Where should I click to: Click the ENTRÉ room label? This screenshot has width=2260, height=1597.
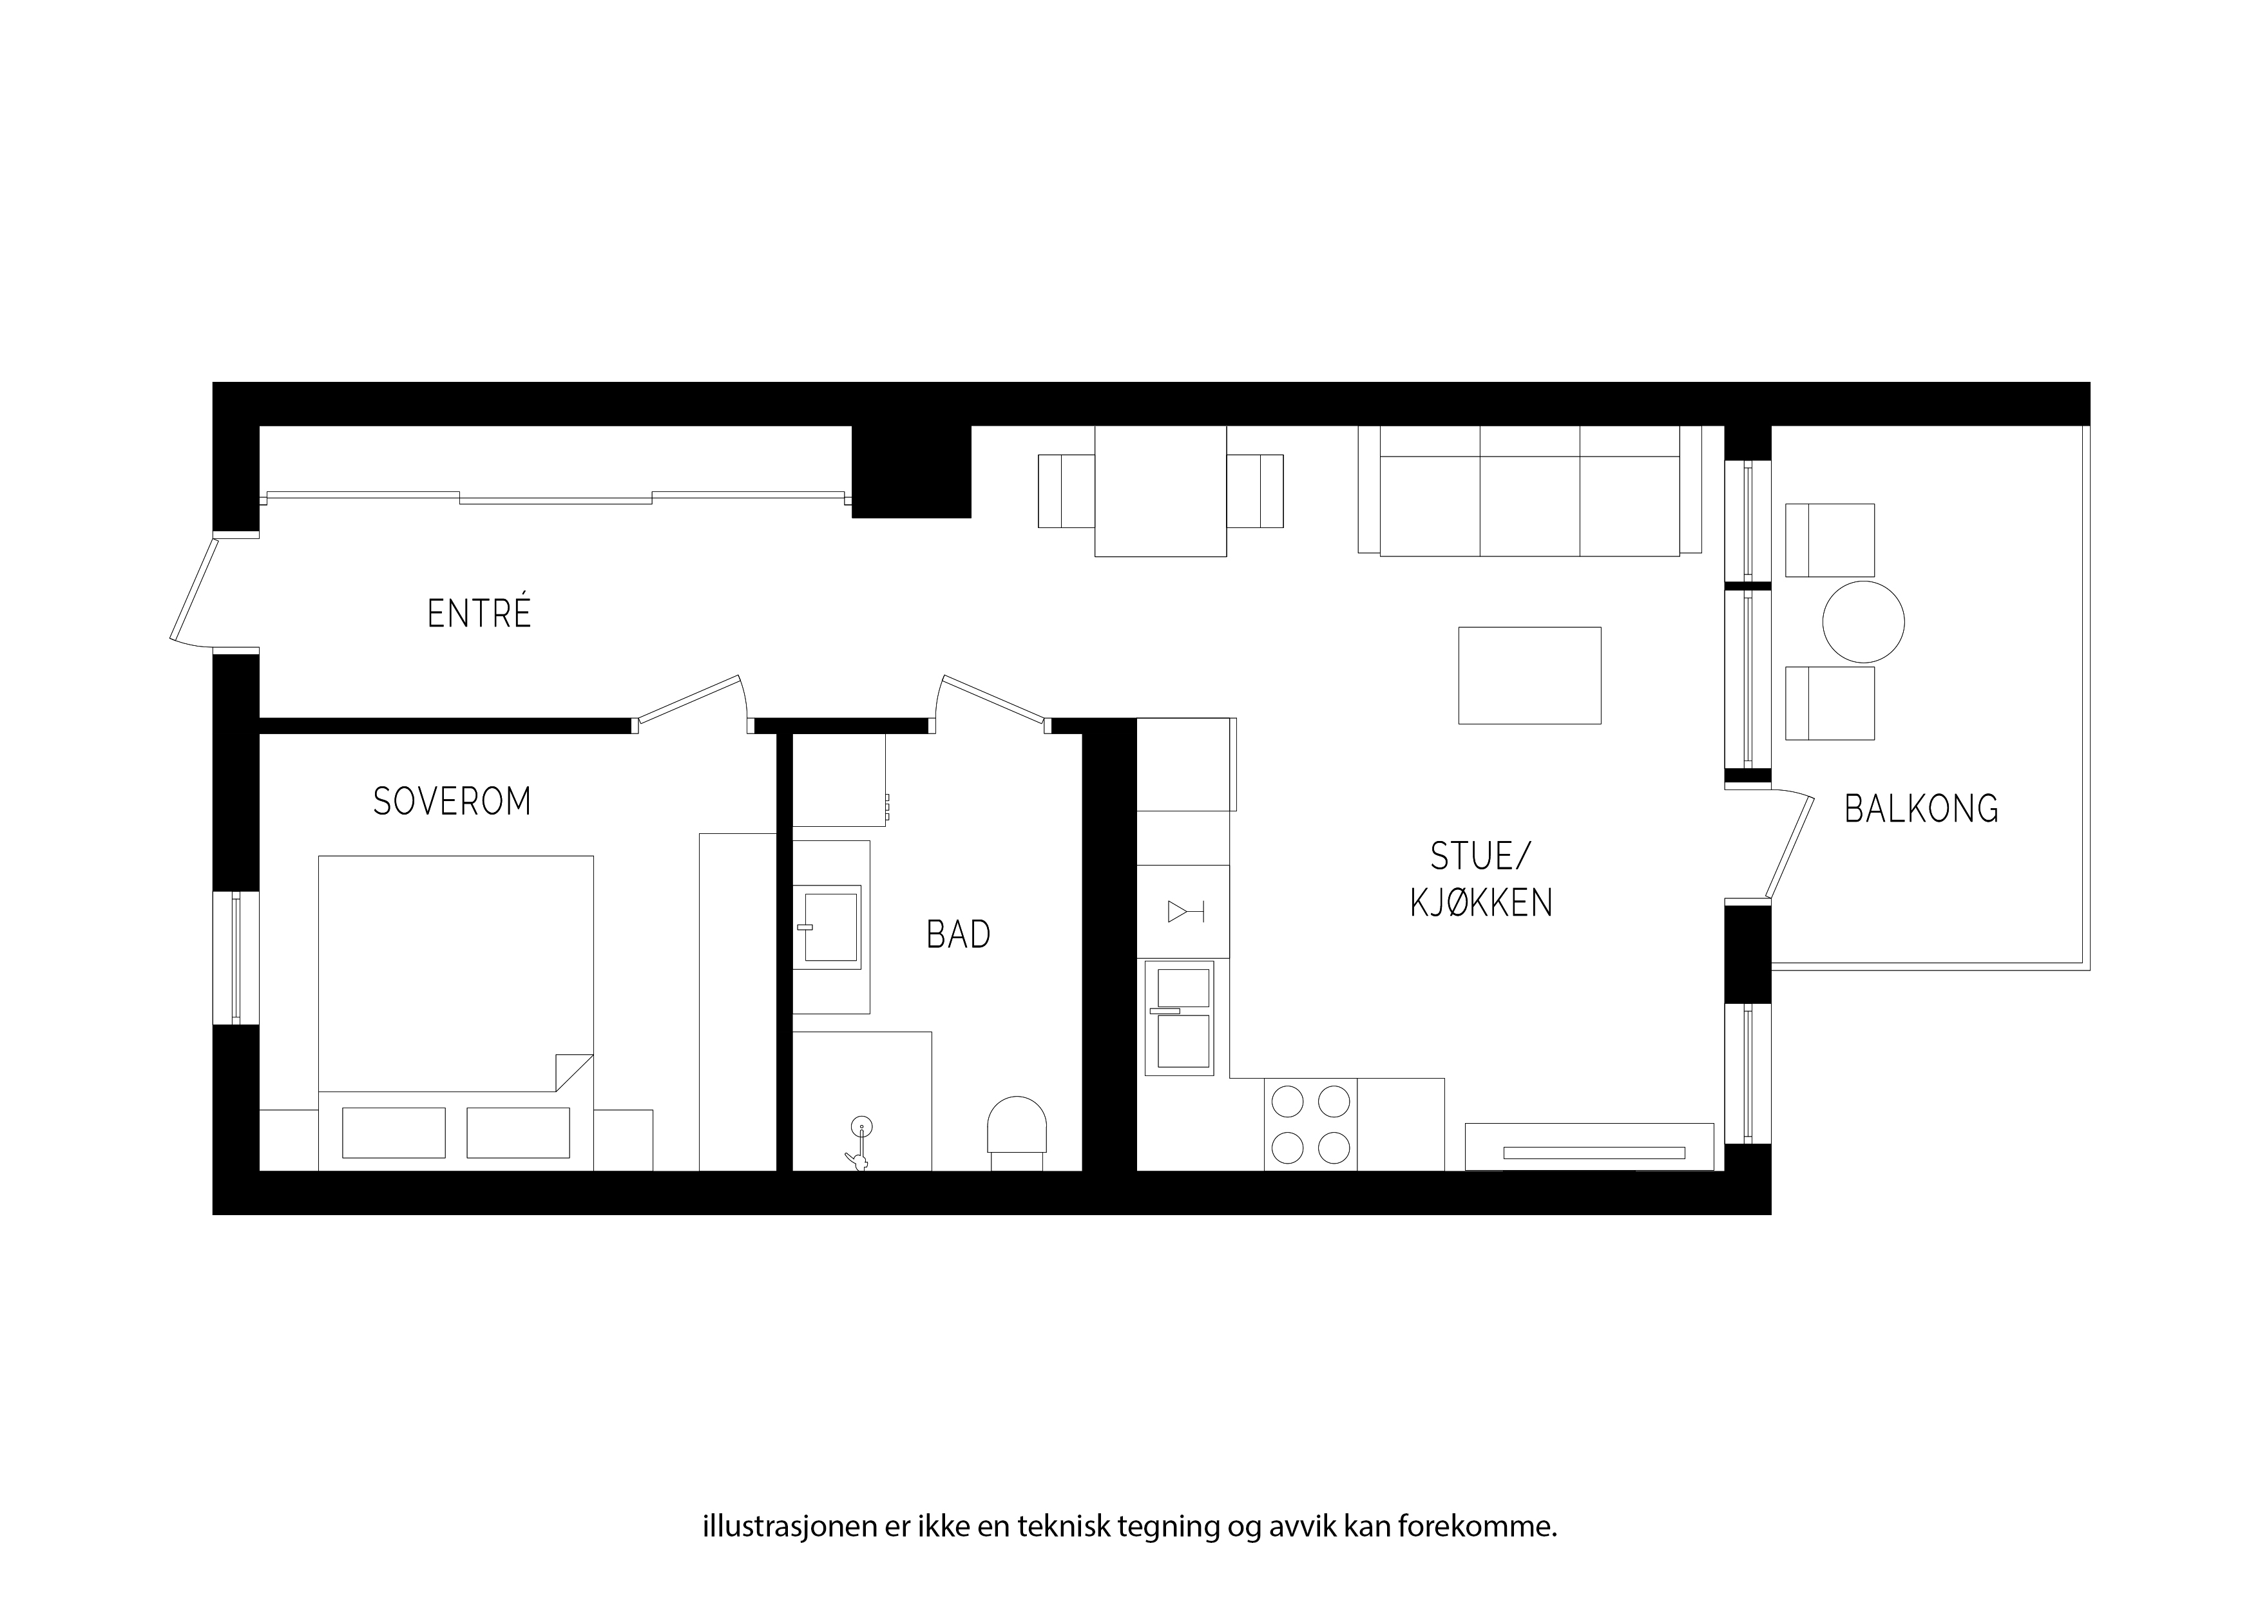[x=479, y=613]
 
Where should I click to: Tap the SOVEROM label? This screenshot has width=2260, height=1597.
[x=452, y=802]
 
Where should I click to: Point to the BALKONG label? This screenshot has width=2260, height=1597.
[x=1921, y=809]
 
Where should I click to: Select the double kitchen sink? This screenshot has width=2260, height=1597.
[x=1180, y=1017]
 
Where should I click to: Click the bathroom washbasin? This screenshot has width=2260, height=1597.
[x=828, y=927]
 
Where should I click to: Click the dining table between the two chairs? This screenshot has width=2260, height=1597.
[x=1160, y=491]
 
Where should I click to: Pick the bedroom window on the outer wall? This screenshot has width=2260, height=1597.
[x=236, y=958]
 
